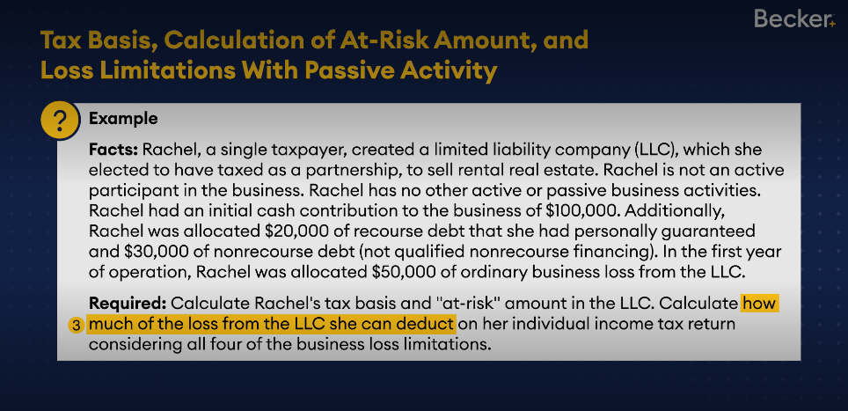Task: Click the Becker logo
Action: (x=794, y=19)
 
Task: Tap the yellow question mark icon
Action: (x=60, y=120)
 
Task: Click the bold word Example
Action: (x=123, y=119)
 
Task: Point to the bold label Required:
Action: (x=128, y=304)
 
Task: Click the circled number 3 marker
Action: (x=77, y=326)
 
